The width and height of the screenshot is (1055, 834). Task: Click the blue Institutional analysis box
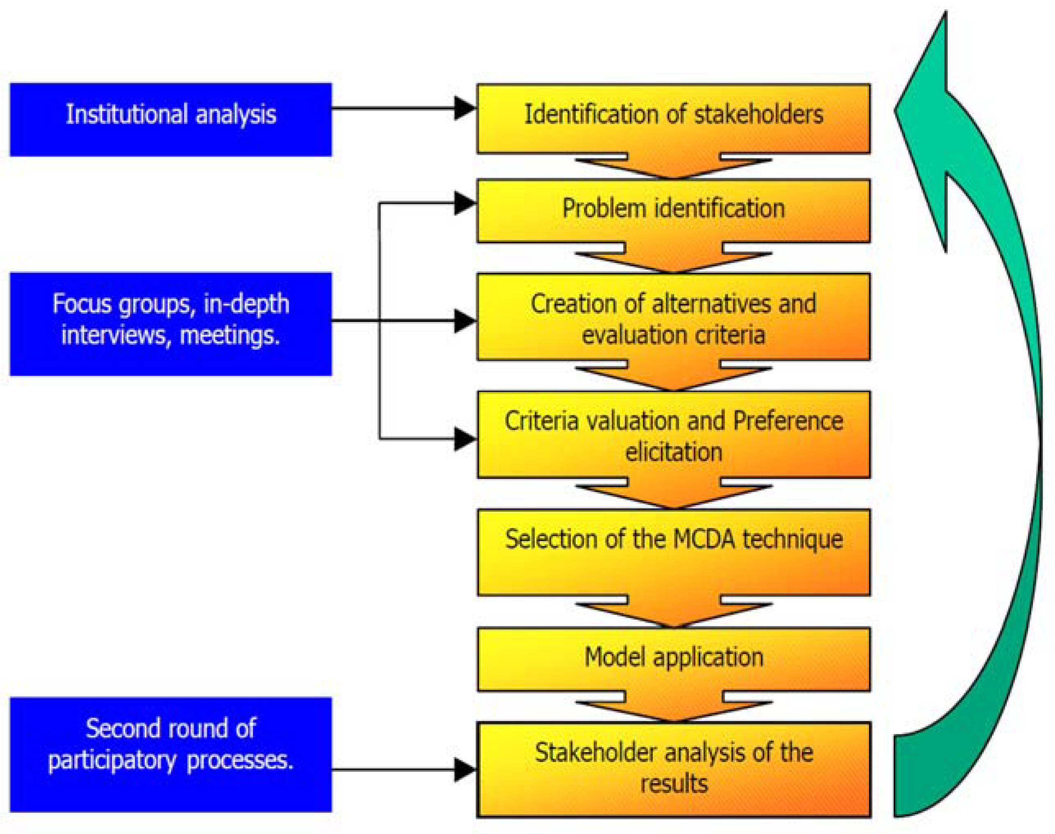click(x=170, y=120)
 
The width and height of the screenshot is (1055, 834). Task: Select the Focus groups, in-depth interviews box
click(x=170, y=324)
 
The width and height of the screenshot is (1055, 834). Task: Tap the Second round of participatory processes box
click(x=170, y=755)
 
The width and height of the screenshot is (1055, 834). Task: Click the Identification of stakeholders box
click(x=673, y=119)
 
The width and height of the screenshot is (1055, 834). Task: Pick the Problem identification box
click(x=673, y=211)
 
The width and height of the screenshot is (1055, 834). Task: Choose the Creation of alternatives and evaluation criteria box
click(x=673, y=317)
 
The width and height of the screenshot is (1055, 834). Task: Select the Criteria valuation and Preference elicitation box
click(x=673, y=434)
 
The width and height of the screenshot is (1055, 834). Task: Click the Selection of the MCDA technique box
click(x=673, y=552)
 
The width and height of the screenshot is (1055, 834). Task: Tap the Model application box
click(x=673, y=659)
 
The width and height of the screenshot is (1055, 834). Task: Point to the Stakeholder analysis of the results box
click(x=673, y=769)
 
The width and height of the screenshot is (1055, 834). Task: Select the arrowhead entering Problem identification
click(x=464, y=203)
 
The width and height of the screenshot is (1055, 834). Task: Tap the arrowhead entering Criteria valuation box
click(x=464, y=438)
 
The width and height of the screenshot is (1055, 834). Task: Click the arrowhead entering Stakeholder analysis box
click(x=464, y=770)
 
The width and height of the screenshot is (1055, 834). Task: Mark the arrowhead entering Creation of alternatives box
click(x=464, y=321)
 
